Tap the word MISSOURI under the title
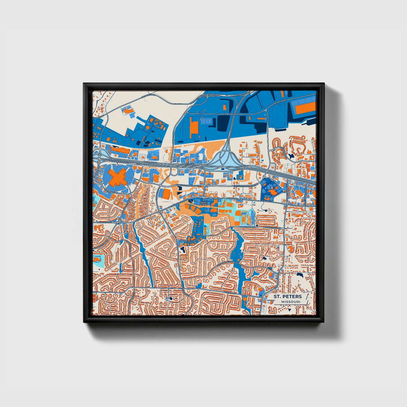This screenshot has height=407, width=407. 290,302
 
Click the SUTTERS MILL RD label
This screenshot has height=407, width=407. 225,262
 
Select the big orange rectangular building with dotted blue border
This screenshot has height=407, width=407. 305,108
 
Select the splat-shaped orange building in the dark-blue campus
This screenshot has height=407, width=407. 272,192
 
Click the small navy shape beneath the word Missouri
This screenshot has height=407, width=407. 290,310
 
